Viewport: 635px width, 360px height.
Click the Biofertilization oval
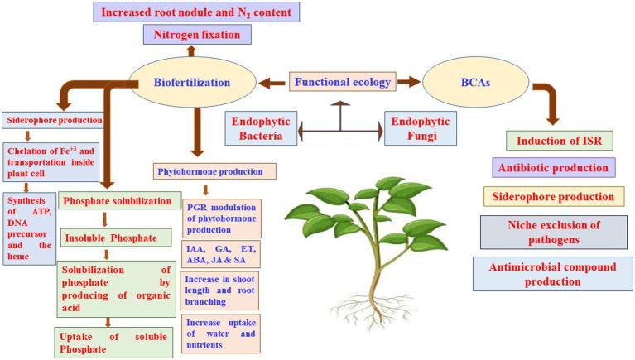[x=192, y=82]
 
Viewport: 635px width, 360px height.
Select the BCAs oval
[x=475, y=82]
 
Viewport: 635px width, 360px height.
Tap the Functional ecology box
[x=342, y=82]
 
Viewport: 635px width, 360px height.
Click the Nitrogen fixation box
[x=197, y=35]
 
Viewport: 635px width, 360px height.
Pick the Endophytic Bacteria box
[x=261, y=128]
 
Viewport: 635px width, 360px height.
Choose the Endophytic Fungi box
[x=421, y=128]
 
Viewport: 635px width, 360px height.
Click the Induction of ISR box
[x=560, y=141]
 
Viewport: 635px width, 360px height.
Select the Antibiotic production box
[x=554, y=168]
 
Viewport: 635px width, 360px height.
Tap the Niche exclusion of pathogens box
[x=554, y=232]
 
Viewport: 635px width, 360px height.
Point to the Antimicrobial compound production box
[x=553, y=274]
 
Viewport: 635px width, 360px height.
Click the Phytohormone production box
[x=214, y=171]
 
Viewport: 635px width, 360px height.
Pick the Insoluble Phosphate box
[x=116, y=238]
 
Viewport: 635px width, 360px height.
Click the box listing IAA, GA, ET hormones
[x=221, y=254]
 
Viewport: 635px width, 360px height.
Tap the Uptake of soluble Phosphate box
[x=113, y=343]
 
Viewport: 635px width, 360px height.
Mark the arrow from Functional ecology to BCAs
[x=409, y=82]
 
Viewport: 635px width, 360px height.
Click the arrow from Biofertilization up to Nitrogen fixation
[x=191, y=51]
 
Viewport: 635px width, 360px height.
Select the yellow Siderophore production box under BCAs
[x=554, y=197]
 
